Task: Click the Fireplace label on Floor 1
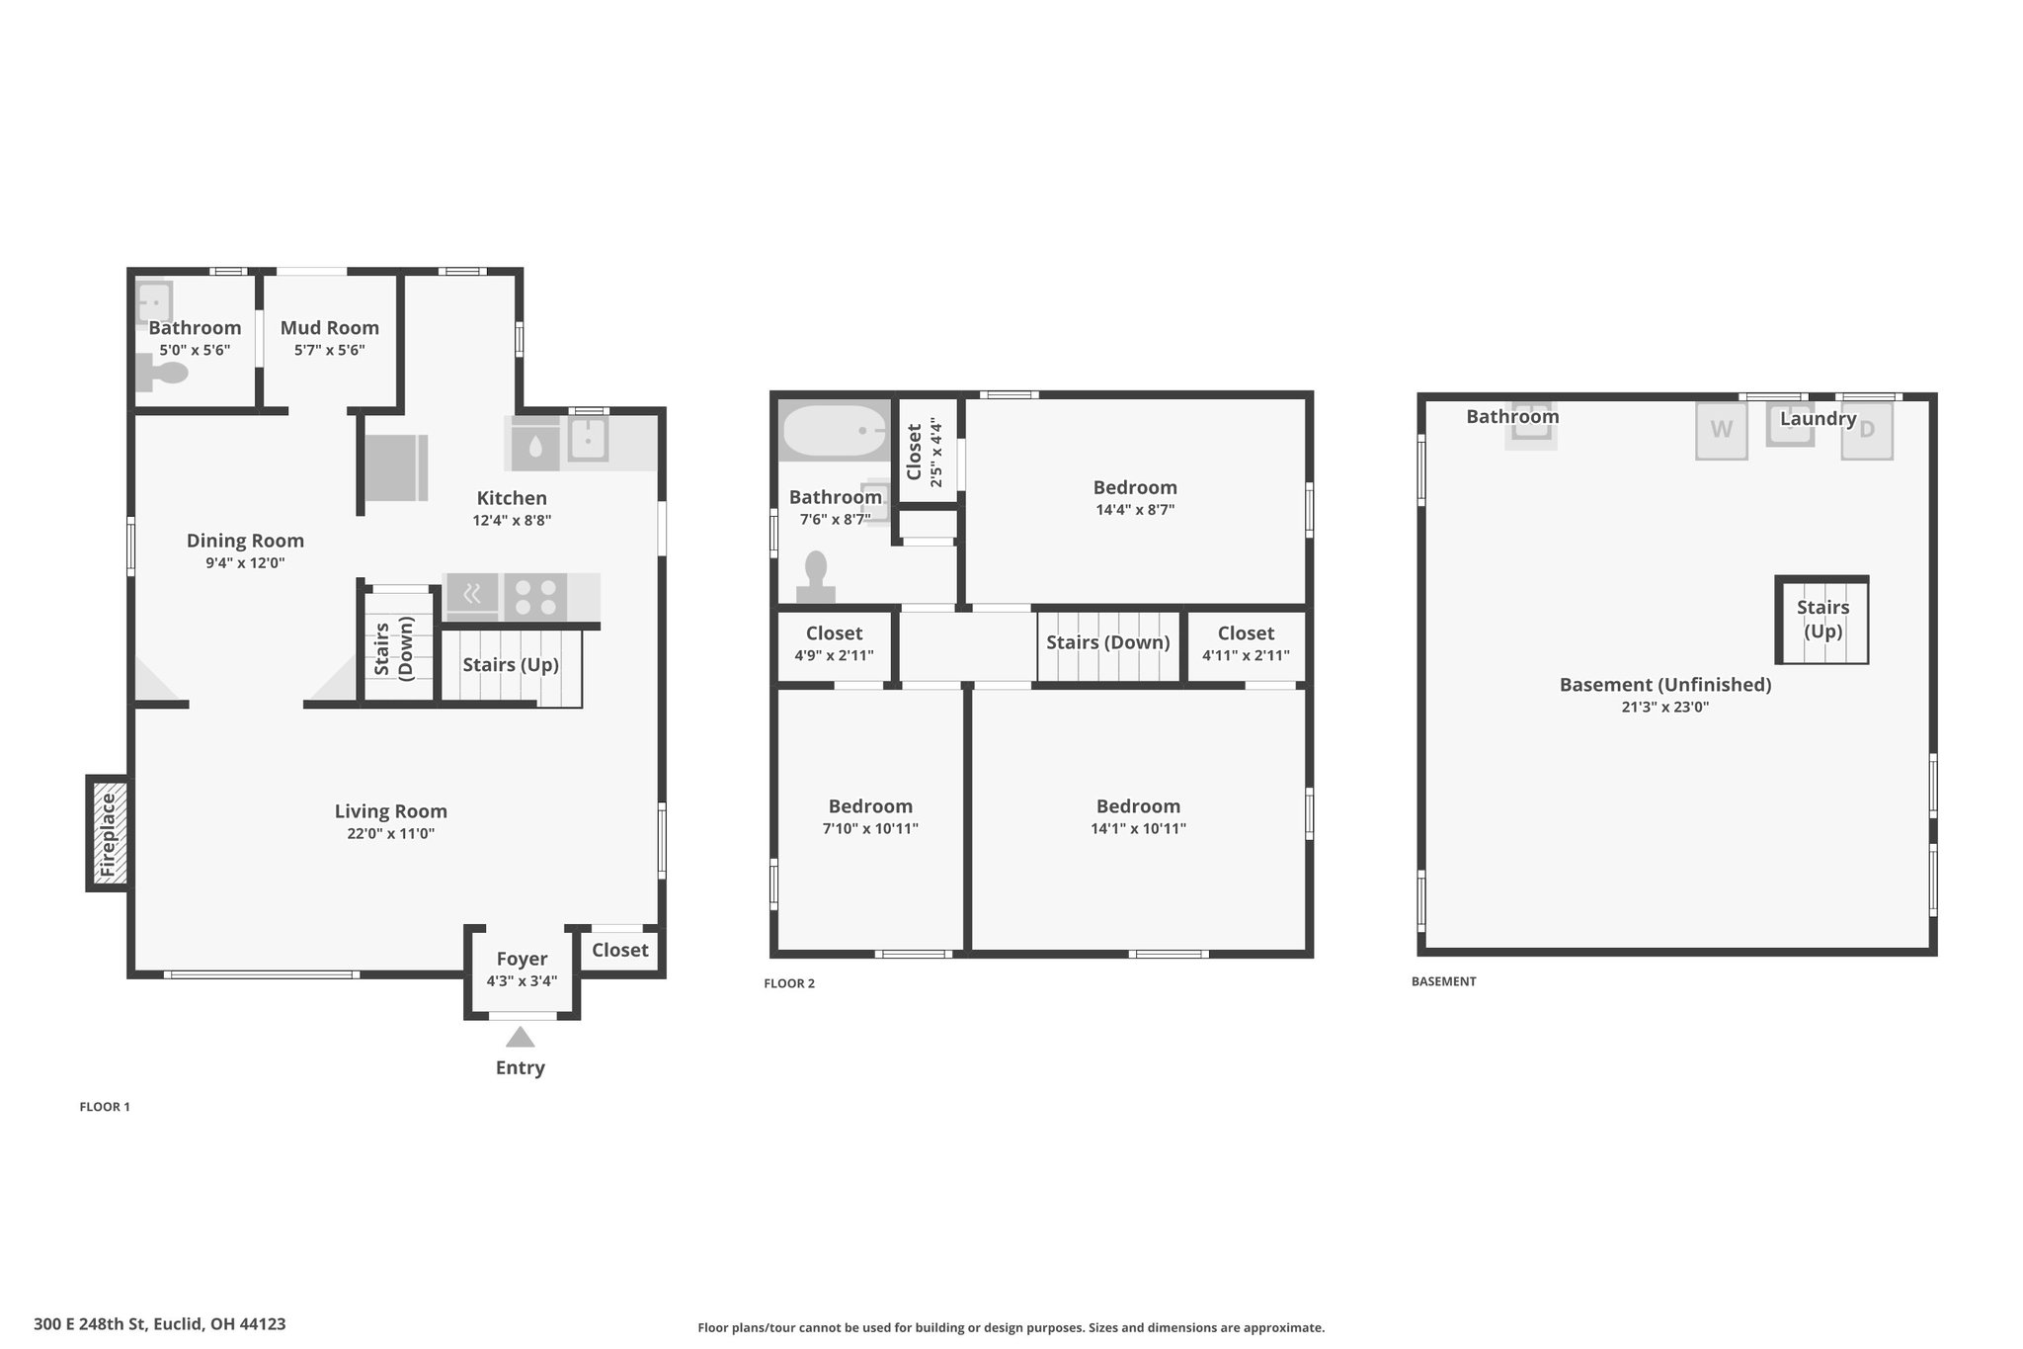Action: [x=108, y=834]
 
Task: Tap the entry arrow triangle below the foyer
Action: [x=520, y=1037]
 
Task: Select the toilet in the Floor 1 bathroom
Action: [x=161, y=374]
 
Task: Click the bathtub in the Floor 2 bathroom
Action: [x=835, y=431]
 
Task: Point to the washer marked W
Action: [x=1721, y=430]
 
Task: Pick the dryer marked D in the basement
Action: [x=1866, y=431]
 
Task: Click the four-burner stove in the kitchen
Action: [x=535, y=596]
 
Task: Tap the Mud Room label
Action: [x=329, y=327]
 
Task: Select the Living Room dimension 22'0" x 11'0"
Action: [x=390, y=833]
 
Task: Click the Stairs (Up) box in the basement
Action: [x=1821, y=619]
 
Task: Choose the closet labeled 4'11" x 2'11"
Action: [x=1246, y=643]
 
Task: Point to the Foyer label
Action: [x=522, y=958]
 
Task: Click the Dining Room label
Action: [x=245, y=541]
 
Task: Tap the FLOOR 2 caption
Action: [x=789, y=983]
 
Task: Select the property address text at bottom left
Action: [x=160, y=1323]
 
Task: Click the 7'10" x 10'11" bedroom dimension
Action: [x=870, y=828]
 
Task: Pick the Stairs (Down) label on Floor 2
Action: [x=1107, y=642]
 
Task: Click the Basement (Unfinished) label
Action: [x=1664, y=684]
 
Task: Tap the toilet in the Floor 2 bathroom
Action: [x=816, y=577]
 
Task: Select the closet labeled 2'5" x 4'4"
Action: [x=928, y=451]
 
